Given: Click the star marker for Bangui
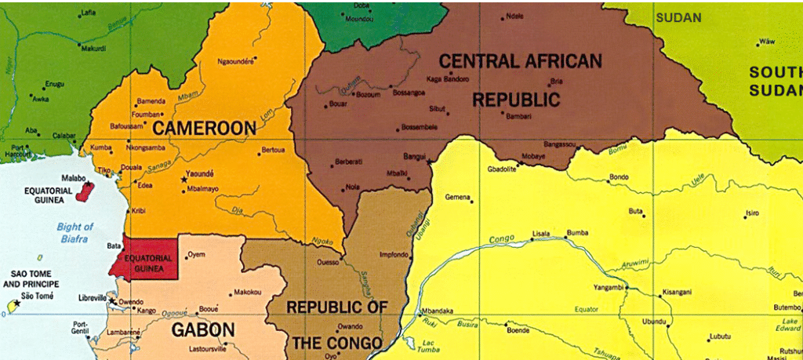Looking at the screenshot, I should coord(429,161).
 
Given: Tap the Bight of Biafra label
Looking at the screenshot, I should coord(72,233).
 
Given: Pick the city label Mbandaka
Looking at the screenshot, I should coord(438,311).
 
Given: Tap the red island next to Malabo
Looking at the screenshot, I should coord(89,191).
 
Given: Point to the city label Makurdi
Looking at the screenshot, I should coord(92,48).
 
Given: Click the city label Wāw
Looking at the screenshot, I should coord(767,41).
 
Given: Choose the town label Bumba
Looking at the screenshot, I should coord(577,233).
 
